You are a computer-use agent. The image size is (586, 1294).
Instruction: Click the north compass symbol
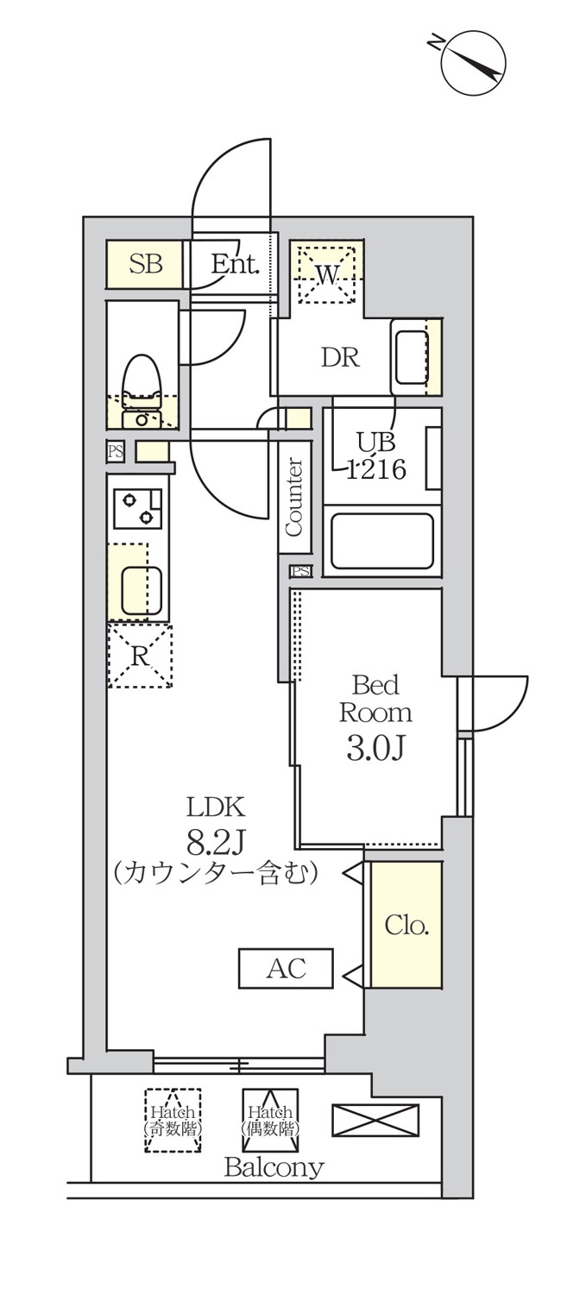click(x=473, y=63)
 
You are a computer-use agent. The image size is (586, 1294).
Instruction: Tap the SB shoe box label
click(x=145, y=264)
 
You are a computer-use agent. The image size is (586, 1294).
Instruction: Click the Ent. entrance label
click(x=235, y=265)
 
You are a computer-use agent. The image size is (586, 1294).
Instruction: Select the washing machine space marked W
click(x=326, y=274)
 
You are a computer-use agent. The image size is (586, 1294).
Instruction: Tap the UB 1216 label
click(x=375, y=456)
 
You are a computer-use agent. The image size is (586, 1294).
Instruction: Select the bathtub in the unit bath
click(x=381, y=542)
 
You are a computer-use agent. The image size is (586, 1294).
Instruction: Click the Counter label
click(x=293, y=497)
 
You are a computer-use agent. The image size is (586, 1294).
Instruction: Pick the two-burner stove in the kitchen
click(x=137, y=507)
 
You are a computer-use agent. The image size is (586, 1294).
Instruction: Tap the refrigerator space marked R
click(x=140, y=656)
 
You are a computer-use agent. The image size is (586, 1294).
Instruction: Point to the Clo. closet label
click(x=406, y=926)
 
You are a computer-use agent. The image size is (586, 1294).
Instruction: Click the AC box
click(x=286, y=968)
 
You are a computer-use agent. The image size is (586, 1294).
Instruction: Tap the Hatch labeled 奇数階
click(x=173, y=1120)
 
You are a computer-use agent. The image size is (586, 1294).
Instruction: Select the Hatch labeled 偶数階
click(x=271, y=1120)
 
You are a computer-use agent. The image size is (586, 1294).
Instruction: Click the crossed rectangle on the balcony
click(x=375, y=1120)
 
